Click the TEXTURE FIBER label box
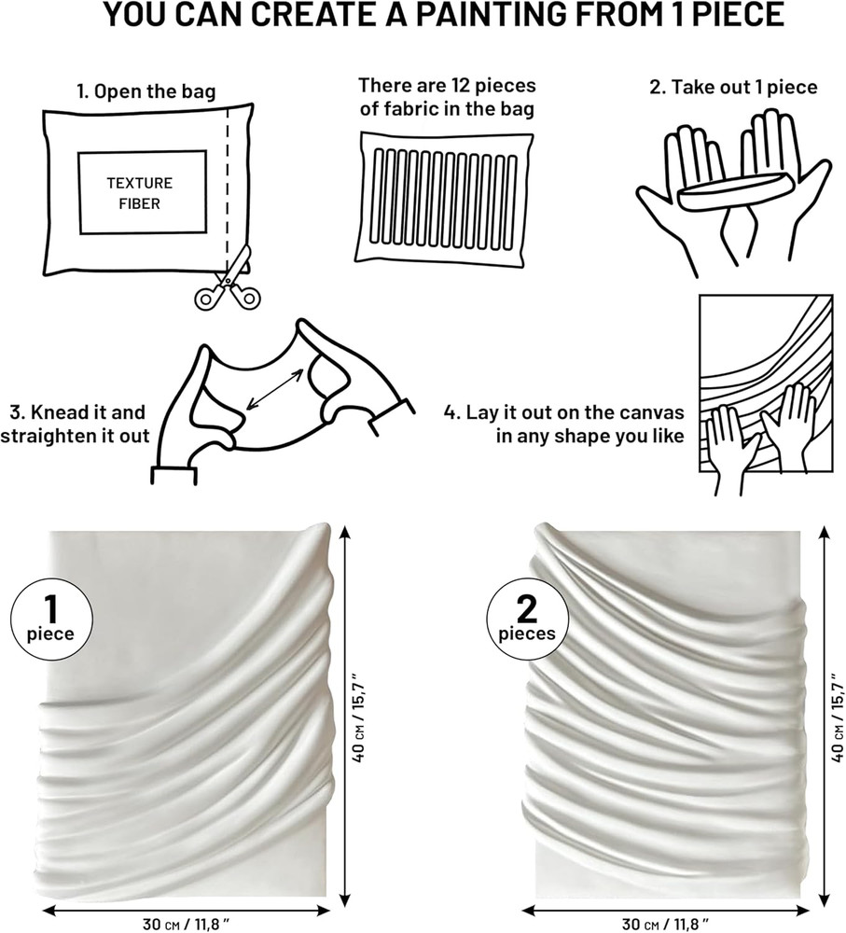pyautogui.click(x=142, y=192)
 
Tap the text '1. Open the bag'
pyautogui.click(x=146, y=91)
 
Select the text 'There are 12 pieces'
pyautogui.click(x=447, y=86)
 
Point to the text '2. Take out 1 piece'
pyautogui.click(x=733, y=88)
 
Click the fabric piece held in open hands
pyautogui.click(x=731, y=191)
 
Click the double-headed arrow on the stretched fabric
pyautogui.click(x=274, y=388)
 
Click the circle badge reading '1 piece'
pyautogui.click(x=51, y=620)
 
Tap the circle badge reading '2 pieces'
pyautogui.click(x=527, y=620)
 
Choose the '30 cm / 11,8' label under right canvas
pyautogui.click(x=662, y=924)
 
